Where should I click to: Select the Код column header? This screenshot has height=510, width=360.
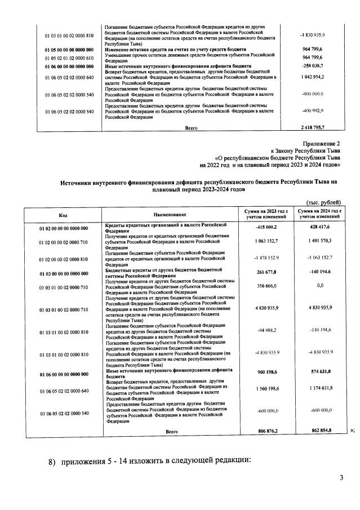63,215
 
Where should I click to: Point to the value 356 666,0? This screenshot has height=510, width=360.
264,286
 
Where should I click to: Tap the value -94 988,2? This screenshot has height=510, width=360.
264,332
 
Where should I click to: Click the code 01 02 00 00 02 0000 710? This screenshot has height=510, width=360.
64,242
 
